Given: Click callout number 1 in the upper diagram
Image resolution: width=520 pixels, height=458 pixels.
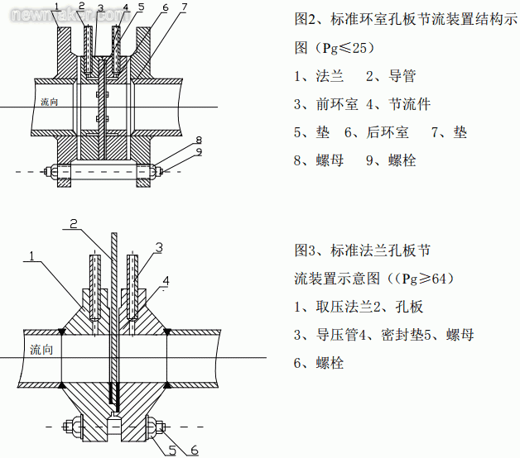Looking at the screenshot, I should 55,7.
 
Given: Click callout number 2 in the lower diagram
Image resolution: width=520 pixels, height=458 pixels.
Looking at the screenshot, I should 74,223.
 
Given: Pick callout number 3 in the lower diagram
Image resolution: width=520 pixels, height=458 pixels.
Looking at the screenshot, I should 158,247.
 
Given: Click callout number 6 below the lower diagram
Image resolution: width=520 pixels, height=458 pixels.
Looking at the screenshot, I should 195,448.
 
